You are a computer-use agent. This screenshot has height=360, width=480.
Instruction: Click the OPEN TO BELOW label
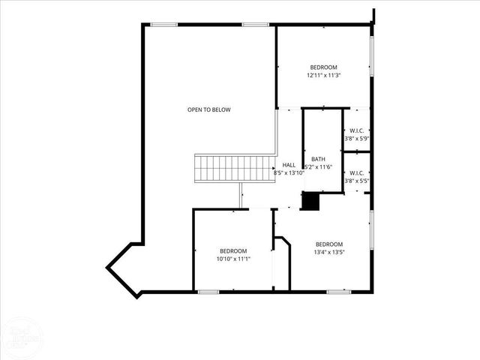click(x=209, y=110)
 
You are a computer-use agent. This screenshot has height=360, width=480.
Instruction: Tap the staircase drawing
click(x=234, y=168)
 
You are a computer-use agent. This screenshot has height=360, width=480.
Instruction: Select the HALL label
click(x=289, y=165)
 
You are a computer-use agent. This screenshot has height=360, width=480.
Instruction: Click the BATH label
click(x=319, y=159)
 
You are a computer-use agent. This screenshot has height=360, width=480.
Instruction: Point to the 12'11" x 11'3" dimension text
click(x=323, y=75)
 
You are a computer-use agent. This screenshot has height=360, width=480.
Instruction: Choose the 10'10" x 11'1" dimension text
click(x=233, y=259)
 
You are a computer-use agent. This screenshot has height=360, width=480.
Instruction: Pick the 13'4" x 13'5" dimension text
click(x=329, y=252)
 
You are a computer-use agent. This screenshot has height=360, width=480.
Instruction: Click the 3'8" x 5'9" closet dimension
click(x=356, y=139)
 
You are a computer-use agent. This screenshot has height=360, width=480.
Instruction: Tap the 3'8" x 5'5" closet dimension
click(x=356, y=181)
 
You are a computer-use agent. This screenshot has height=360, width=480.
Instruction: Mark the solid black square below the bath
click(x=310, y=202)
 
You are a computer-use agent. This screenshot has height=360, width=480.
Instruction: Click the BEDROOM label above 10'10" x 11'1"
click(x=233, y=250)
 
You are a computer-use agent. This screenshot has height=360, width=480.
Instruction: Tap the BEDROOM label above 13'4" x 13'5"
click(x=329, y=244)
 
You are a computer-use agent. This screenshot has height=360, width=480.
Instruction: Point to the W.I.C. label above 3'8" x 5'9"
click(x=356, y=130)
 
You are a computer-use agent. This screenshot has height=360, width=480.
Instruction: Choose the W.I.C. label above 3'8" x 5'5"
click(x=356, y=172)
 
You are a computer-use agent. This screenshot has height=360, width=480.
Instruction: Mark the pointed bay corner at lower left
click(x=109, y=263)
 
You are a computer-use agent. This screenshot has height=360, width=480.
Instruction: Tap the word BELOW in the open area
click(x=220, y=110)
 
